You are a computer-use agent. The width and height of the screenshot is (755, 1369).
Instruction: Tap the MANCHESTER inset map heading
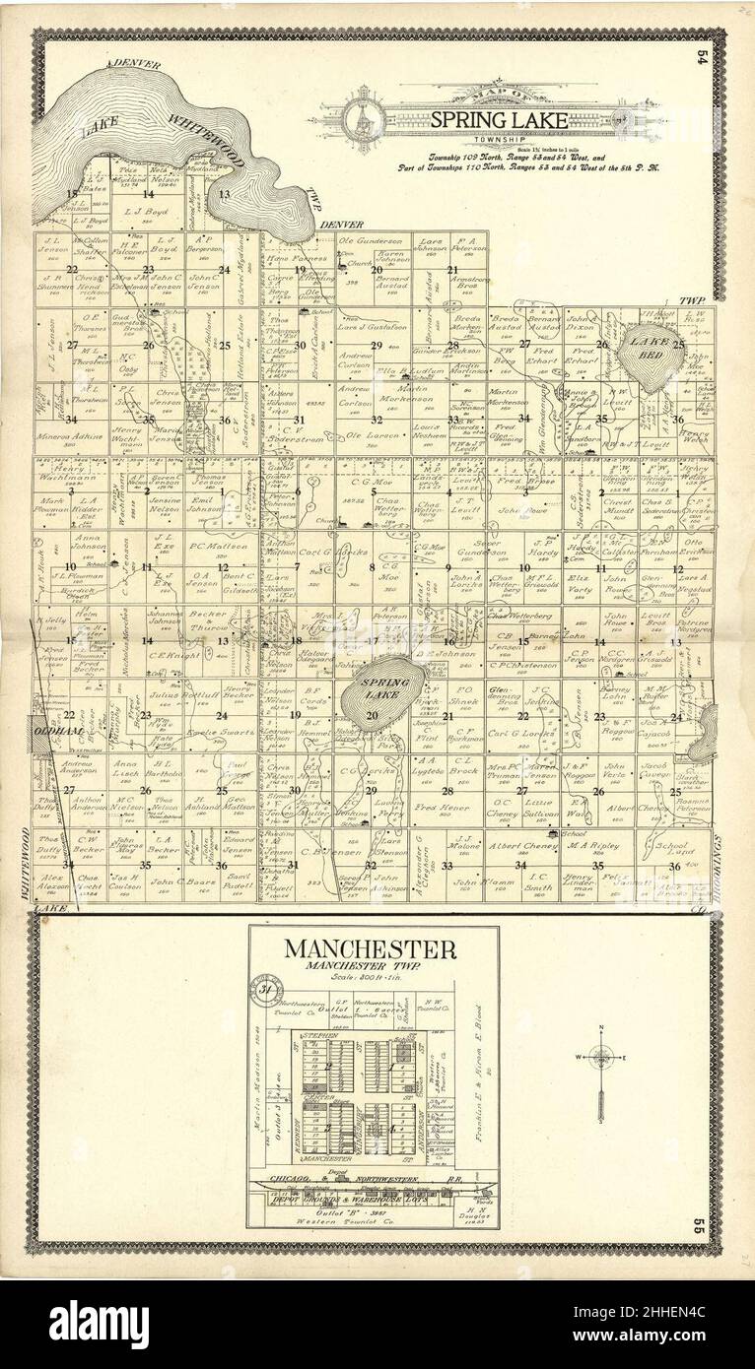pyautogui.click(x=371, y=950)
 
